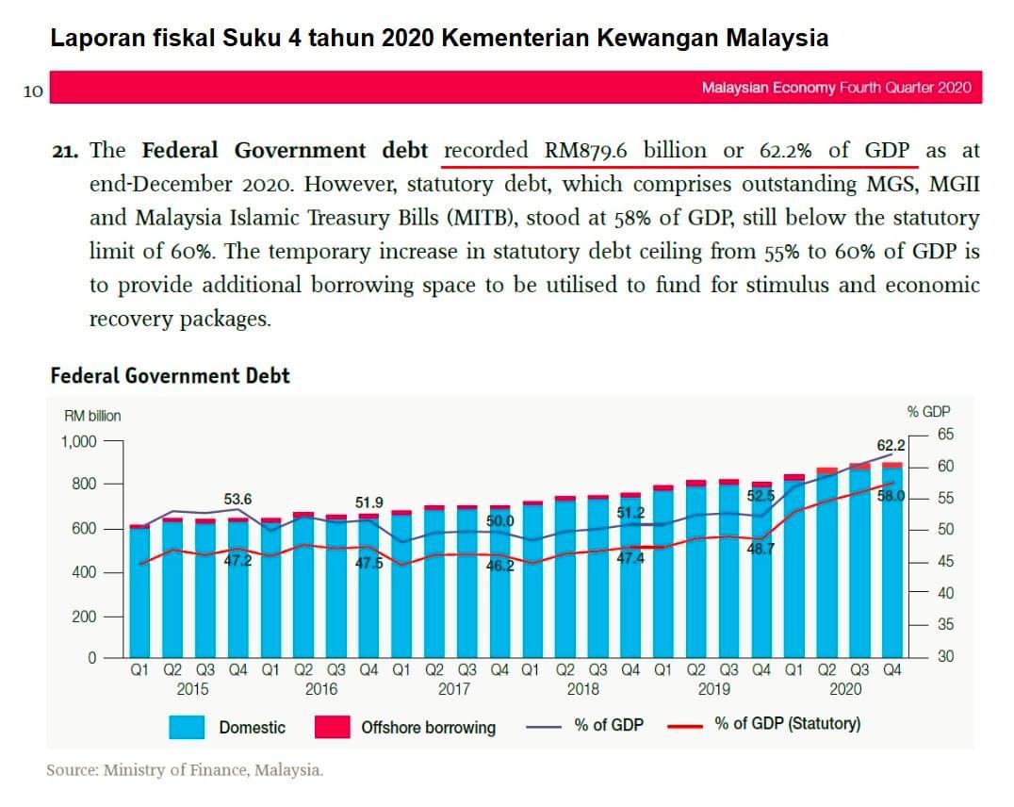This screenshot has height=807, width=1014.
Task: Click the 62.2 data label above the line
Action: pyautogui.click(x=890, y=445)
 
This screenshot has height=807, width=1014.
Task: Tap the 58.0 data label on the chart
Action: pyautogui.click(x=891, y=497)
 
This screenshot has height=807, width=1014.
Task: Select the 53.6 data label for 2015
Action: pyautogui.click(x=237, y=498)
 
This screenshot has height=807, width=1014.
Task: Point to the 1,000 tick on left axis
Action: pyautogui.click(x=79, y=441)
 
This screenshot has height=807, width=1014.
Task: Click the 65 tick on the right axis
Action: pyautogui.click(x=945, y=435)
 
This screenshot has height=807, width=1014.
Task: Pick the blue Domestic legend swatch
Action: pyautogui.click(x=187, y=727)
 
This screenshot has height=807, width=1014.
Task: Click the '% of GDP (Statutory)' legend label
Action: pyautogui.click(x=787, y=724)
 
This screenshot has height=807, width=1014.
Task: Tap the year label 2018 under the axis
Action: pyautogui.click(x=582, y=689)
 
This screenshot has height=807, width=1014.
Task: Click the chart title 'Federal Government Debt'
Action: pyautogui.click(x=170, y=376)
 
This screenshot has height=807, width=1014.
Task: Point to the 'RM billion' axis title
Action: pyautogui.click(x=92, y=416)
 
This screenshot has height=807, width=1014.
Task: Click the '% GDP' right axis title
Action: pyautogui.click(x=928, y=411)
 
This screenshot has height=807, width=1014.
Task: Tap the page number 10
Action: pyautogui.click(x=33, y=91)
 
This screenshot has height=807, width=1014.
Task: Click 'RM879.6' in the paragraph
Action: pyautogui.click(x=587, y=151)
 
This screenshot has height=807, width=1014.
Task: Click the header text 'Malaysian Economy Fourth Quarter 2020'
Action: pyautogui.click(x=836, y=88)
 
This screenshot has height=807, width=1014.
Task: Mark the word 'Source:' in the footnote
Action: pyautogui.click(x=73, y=770)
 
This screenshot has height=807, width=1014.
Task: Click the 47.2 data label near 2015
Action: pyautogui.click(x=237, y=561)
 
